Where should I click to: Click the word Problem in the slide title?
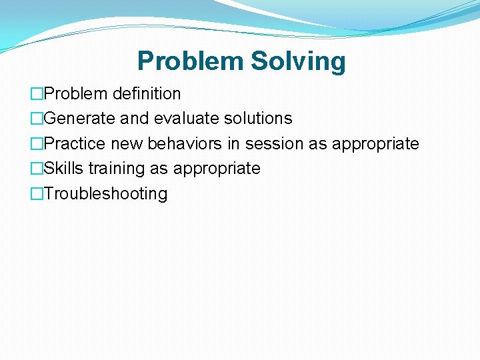coord(191,61)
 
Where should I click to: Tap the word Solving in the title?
coord(298,61)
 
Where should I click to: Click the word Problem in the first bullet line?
coord(76,93)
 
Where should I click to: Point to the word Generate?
coord(79,119)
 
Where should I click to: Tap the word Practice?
coord(75,143)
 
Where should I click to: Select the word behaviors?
coord(184,143)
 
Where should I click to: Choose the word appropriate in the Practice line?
coord(375,144)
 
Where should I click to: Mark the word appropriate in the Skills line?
coord(217,169)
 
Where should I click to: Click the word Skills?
coord(63,169)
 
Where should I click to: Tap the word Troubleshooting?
coord(105,194)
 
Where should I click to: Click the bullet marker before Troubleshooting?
coord(37,194)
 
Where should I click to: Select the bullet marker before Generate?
coord(37,119)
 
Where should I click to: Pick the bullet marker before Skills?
coord(37,169)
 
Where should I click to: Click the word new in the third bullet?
coord(127,143)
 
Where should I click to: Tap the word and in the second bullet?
coord(135,119)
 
